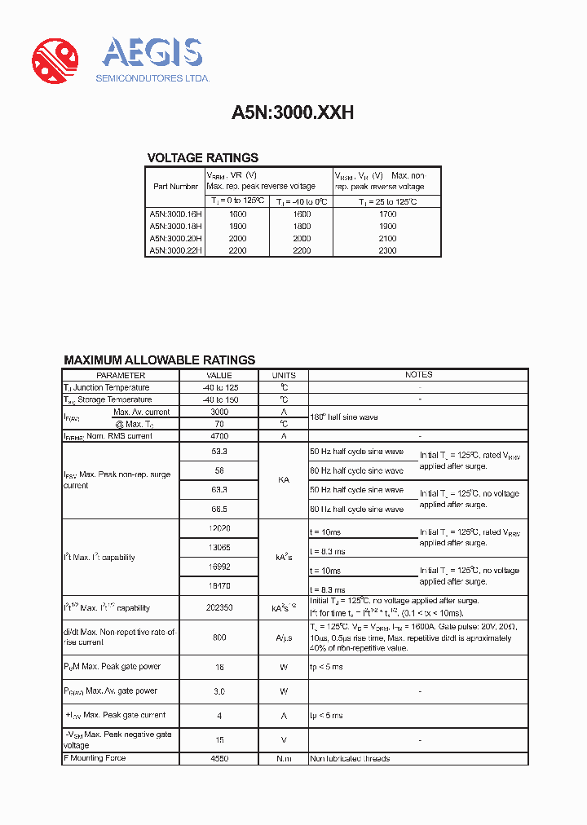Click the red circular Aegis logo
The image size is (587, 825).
(55, 60)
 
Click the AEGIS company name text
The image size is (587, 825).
(152, 53)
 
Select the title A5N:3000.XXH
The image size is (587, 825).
(293, 113)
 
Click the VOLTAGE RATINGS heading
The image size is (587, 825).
(202, 158)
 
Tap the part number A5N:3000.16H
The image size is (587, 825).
(175, 214)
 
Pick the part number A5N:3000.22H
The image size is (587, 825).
(175, 250)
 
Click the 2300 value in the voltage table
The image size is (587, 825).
(387, 250)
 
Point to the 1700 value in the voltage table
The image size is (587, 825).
(387, 214)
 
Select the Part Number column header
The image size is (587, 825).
(175, 186)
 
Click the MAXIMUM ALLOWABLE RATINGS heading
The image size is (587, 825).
(159, 360)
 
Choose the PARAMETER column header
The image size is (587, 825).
(120, 375)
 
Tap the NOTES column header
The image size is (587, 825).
(418, 375)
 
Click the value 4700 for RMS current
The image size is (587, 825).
(218, 436)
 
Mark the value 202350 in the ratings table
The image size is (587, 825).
(218, 607)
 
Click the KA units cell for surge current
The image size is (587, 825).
(284, 480)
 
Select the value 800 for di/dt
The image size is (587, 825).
(218, 637)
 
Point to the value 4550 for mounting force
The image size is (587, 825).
(218, 758)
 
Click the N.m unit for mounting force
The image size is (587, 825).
(284, 758)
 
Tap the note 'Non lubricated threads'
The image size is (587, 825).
(350, 759)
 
